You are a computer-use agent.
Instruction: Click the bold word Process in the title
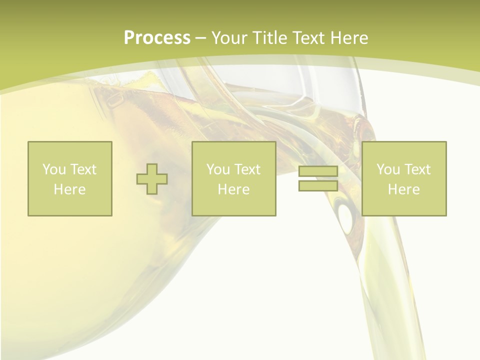coord(157,37)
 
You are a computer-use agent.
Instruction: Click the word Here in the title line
coord(351,37)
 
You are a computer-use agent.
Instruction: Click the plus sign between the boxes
coord(152,179)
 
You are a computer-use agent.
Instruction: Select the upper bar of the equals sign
coord(318,171)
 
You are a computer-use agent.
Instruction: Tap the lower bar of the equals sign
coord(318,185)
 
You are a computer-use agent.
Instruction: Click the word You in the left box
coord(54,169)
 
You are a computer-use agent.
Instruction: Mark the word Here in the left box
coord(69,189)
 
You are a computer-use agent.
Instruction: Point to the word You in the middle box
coord(218,169)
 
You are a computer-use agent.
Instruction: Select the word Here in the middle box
coord(233,189)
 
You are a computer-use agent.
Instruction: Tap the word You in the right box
coord(388,169)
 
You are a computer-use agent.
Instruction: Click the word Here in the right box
coord(403,189)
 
